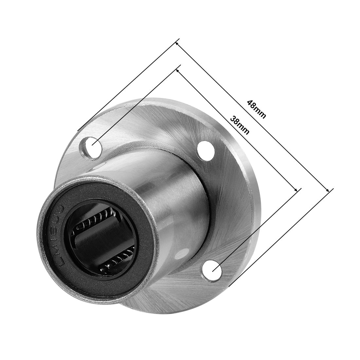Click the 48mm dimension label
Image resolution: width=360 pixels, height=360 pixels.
coord(257,110)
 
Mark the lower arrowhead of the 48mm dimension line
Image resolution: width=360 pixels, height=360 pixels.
coord(328,190)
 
